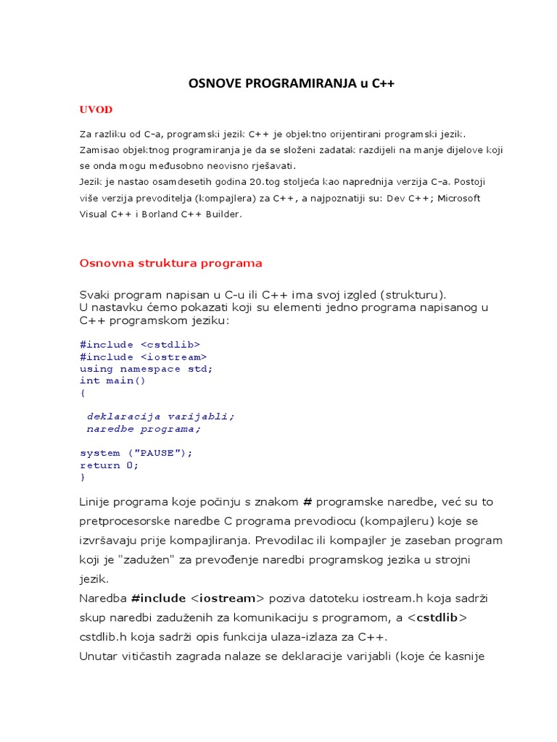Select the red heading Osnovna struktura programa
(x=170, y=263)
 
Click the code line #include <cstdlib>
(x=140, y=344)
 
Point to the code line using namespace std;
(x=147, y=368)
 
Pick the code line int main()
(x=112, y=380)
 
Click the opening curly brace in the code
(x=83, y=393)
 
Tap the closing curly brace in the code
(x=83, y=478)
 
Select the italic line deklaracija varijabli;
(x=161, y=417)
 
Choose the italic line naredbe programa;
(x=143, y=428)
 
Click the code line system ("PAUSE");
(x=136, y=453)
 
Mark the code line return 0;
(x=109, y=465)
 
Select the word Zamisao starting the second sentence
(x=100, y=150)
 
